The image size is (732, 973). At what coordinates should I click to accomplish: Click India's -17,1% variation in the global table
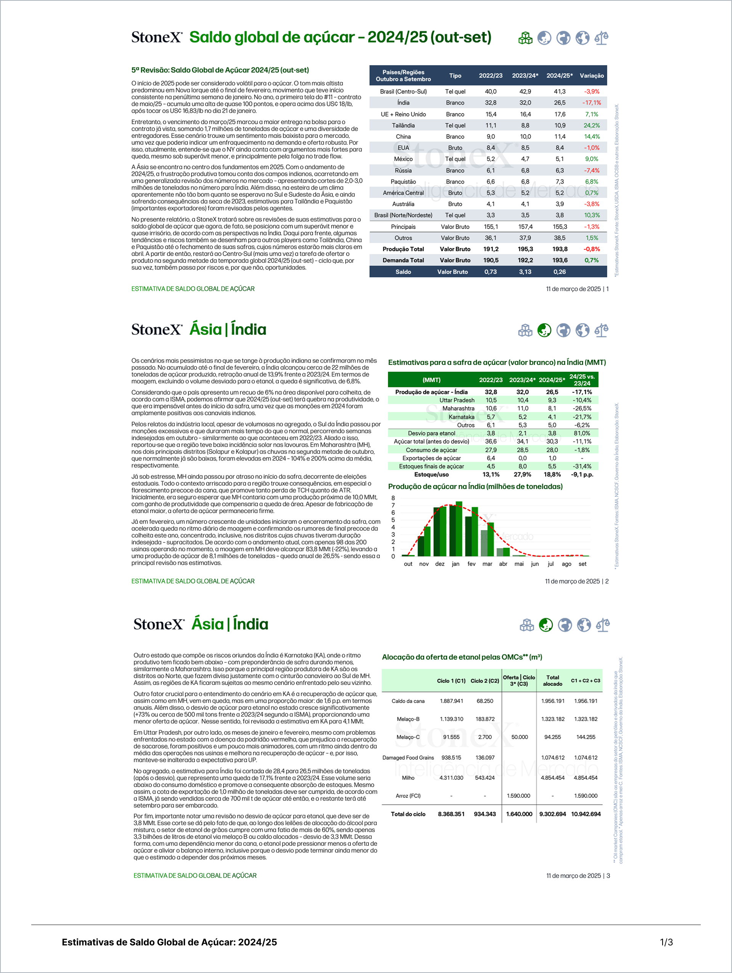click(x=592, y=102)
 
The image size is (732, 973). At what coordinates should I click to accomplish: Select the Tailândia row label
click(x=403, y=125)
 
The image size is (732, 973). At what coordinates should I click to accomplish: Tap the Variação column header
click(x=592, y=76)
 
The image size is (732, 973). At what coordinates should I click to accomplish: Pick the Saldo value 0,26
click(x=559, y=272)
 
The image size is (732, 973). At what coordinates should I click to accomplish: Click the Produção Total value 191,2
click(x=491, y=249)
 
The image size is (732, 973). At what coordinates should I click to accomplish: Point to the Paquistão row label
click(x=403, y=182)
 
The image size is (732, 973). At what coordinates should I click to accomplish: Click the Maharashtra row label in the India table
click(x=458, y=408)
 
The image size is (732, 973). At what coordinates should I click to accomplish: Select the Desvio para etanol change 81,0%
click(x=582, y=433)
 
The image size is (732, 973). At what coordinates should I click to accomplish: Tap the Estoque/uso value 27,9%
click(x=522, y=475)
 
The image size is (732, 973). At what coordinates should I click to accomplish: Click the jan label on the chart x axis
click(x=456, y=564)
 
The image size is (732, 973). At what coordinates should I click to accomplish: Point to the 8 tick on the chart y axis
click(x=393, y=498)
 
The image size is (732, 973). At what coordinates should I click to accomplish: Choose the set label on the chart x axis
click(x=582, y=564)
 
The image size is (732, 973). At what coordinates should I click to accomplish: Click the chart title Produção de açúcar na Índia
click(x=475, y=486)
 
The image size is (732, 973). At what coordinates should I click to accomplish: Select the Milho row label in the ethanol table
click(x=408, y=778)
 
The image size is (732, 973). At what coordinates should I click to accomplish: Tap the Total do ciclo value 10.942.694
click(x=586, y=814)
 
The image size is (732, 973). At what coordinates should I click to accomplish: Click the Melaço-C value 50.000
click(x=519, y=737)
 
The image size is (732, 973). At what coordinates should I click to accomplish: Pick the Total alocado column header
click(x=552, y=680)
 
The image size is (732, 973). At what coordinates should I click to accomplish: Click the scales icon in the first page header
click(x=601, y=38)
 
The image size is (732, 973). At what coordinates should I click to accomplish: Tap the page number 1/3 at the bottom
click(x=666, y=942)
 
